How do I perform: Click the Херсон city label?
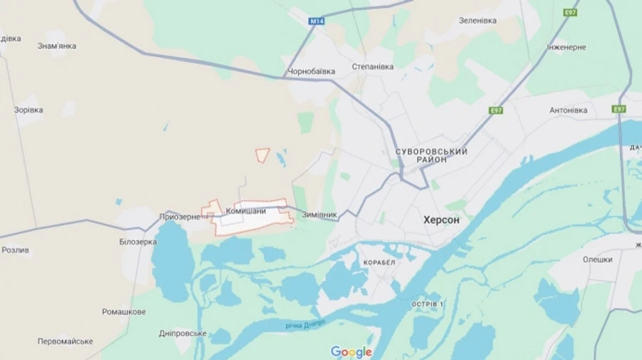(x=442, y=220)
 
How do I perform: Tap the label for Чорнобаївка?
(x=311, y=71)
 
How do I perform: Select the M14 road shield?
(x=317, y=21)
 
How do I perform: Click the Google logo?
(x=351, y=351)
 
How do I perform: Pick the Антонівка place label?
(x=569, y=110)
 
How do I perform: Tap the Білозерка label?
(x=138, y=242)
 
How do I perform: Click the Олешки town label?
(x=597, y=259)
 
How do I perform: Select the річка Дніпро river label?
(x=306, y=324)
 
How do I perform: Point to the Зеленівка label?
(x=477, y=21)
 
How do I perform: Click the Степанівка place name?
(x=372, y=66)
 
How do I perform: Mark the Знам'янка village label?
(x=57, y=46)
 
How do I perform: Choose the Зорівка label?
(x=29, y=110)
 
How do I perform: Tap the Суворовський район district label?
(x=432, y=155)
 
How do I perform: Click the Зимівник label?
(x=320, y=214)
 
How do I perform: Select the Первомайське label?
(x=66, y=341)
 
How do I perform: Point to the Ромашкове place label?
(x=124, y=312)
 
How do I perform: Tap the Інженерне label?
(x=567, y=47)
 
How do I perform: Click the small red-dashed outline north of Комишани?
(x=263, y=154)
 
